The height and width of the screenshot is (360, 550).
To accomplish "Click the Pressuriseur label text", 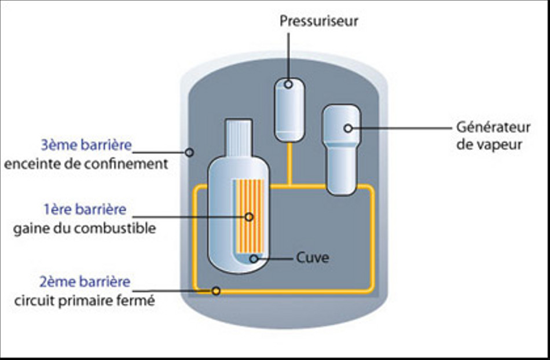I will click(319, 22).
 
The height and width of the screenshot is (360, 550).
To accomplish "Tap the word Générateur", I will click(485, 127).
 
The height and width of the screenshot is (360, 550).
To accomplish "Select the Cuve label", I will click(312, 258).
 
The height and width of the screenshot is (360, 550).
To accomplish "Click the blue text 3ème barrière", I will click(86, 145).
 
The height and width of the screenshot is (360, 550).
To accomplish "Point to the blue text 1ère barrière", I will click(85, 210).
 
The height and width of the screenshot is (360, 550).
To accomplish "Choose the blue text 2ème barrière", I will click(85, 283).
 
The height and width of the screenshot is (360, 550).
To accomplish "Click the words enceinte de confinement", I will click(86, 164).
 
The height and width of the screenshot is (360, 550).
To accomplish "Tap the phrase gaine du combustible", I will click(85, 228).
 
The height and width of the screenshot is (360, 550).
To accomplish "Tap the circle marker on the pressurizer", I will click(288, 85).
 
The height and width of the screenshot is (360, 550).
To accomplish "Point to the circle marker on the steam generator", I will click(348, 128).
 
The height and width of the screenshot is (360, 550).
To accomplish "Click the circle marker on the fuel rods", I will click(250, 217).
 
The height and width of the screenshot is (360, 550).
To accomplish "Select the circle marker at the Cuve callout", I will click(254, 259).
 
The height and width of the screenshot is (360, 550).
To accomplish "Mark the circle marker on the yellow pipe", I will click(216, 291).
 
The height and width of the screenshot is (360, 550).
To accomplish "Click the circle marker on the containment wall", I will click(189, 152).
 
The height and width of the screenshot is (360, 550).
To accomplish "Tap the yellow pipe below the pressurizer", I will click(289, 165).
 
